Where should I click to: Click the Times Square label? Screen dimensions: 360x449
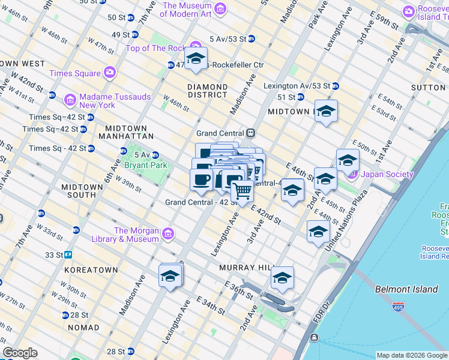point(74,73)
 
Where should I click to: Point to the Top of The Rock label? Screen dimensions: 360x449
point(155,47)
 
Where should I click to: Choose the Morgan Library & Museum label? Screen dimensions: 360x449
point(136,235)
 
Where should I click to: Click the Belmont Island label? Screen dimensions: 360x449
point(406,289)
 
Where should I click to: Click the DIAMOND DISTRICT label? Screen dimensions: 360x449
point(207,91)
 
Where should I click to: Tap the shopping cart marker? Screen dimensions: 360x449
point(243,191)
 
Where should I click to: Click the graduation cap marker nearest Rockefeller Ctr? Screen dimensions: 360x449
point(196,58)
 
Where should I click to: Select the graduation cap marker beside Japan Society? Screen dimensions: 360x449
point(348,160)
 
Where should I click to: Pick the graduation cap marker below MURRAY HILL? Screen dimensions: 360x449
point(282,278)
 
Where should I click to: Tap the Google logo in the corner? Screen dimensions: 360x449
point(20,353)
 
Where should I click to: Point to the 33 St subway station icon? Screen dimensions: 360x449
point(68,254)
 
